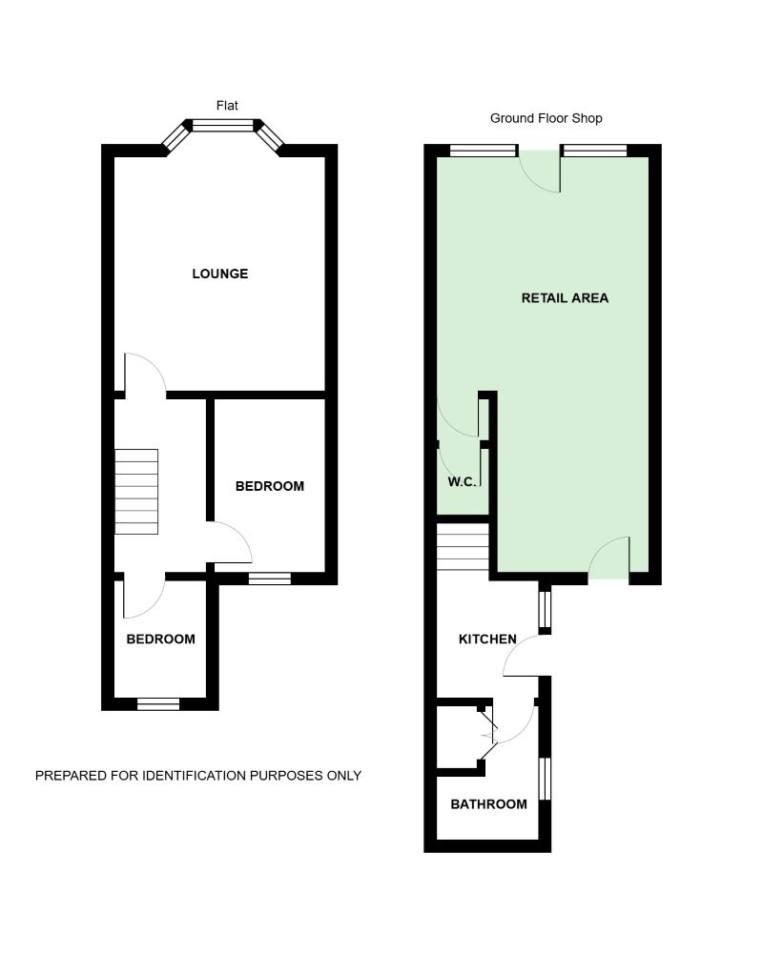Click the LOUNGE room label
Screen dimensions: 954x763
pos(219,274)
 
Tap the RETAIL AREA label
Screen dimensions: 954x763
pos(565,298)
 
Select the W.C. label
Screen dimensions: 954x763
pos(462,482)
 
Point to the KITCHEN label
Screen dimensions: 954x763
pos(487,639)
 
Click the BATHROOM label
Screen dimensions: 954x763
pos(488,804)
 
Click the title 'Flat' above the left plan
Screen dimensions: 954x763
pos(227,105)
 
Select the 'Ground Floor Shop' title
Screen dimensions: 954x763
pos(546,118)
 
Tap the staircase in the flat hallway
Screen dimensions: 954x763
pos(136,492)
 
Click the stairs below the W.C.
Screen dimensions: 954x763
pos(463,551)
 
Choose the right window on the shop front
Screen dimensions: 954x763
pos(594,150)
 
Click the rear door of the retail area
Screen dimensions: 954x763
pos(608,559)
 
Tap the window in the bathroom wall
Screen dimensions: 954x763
pos(546,779)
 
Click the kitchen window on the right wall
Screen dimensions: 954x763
pos(545,607)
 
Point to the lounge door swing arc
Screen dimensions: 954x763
pos(145,372)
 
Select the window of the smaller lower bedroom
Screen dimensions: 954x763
pos(158,704)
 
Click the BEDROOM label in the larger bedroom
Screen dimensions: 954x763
pos(270,486)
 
